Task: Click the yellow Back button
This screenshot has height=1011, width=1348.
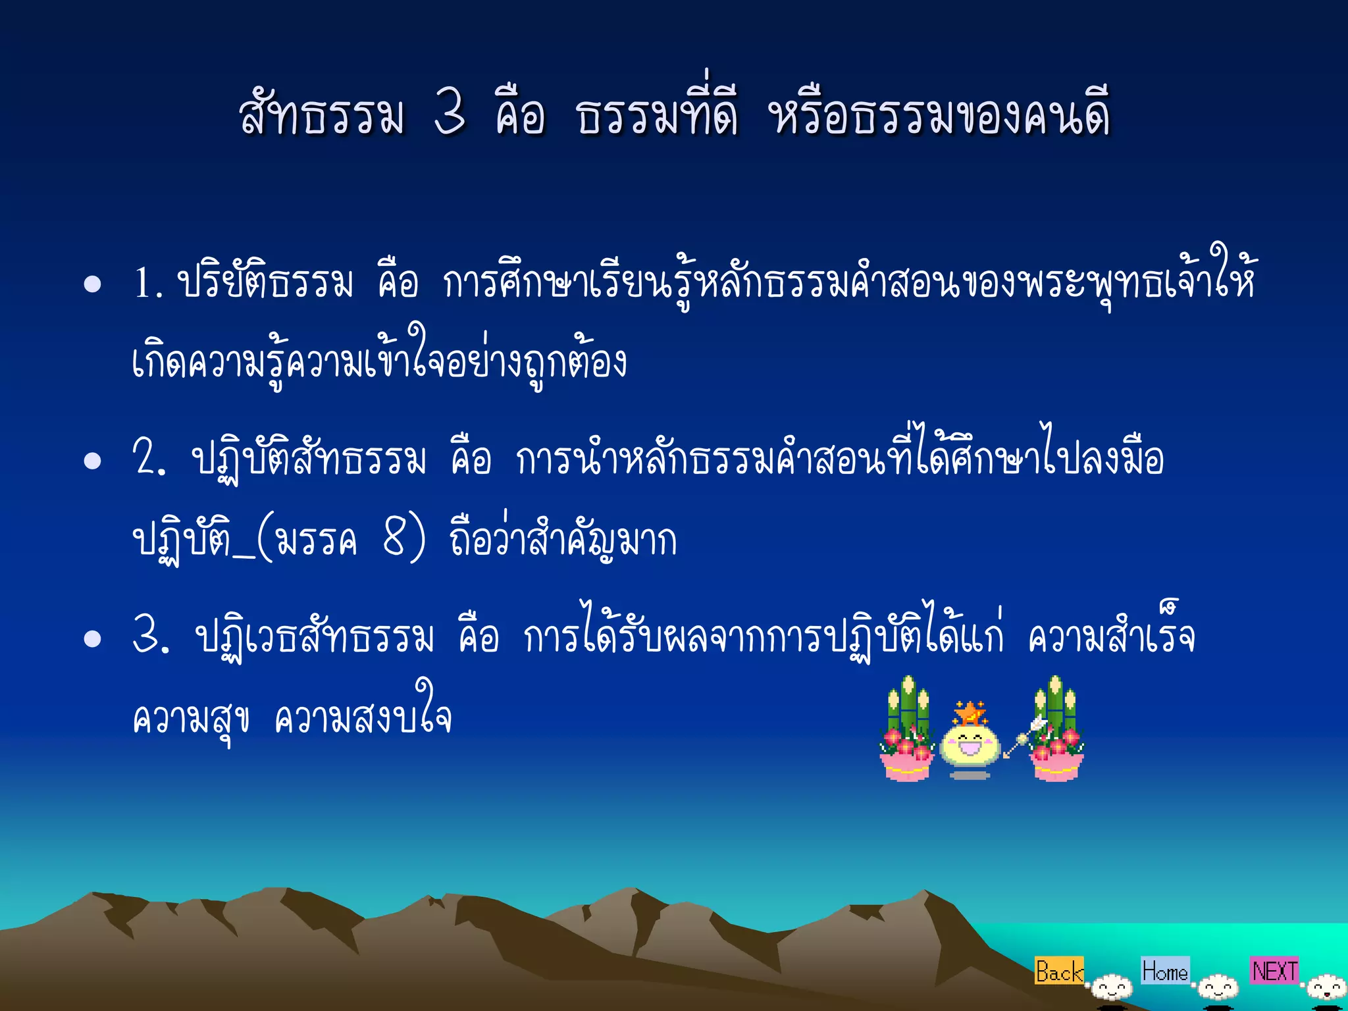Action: click(1058, 971)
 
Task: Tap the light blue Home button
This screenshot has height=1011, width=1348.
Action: click(1165, 970)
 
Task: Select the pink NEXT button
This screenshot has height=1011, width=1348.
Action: click(1274, 970)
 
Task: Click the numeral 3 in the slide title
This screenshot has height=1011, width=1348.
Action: click(451, 113)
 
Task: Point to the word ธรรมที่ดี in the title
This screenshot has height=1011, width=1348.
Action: click(657, 113)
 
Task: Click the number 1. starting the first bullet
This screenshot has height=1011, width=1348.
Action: click(147, 284)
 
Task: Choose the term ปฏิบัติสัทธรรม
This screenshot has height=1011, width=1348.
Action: click(309, 459)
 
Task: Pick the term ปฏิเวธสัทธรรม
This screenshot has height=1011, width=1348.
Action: click(315, 636)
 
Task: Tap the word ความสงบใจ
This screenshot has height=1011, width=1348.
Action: click(363, 716)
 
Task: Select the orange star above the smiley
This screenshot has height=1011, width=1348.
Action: click(970, 713)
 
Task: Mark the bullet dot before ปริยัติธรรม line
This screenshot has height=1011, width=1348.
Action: click(93, 284)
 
